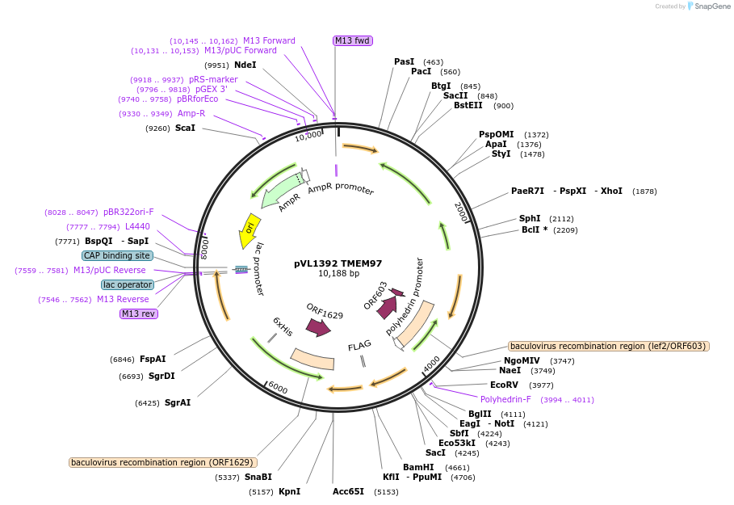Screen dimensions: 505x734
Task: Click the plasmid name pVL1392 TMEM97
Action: coord(338,263)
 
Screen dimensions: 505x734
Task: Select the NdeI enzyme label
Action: coord(245,65)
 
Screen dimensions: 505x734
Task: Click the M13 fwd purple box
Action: coord(353,40)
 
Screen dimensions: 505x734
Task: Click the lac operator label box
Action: coord(128,284)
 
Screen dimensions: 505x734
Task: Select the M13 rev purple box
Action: coord(139,314)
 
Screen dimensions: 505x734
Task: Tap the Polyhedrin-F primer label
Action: coord(505,399)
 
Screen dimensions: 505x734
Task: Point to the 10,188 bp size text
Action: coord(338,274)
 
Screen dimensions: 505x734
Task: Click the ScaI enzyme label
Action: coord(185,128)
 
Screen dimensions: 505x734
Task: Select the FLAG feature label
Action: coord(359,347)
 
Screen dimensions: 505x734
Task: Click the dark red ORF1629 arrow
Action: coord(318,327)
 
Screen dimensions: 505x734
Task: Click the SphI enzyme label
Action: coord(530,218)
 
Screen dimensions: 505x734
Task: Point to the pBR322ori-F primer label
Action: coord(128,212)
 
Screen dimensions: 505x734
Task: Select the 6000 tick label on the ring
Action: coord(277,389)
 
